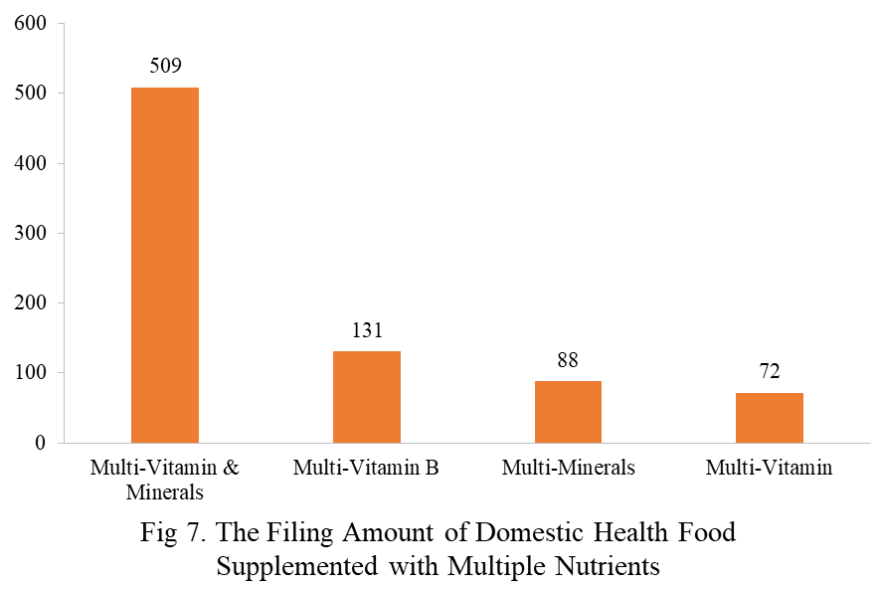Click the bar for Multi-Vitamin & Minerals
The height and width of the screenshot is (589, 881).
pos(165,265)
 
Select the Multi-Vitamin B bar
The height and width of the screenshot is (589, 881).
pos(366,397)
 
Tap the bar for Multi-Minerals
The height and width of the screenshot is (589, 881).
pos(568,412)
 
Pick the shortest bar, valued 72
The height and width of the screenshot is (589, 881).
pos(770,418)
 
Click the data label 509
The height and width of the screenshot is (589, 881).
pos(165,67)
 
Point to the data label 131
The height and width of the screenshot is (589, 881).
pos(366,330)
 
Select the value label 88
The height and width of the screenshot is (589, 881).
pos(568,360)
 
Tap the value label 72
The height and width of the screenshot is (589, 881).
pos(770,372)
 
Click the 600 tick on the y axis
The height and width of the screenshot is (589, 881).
pos(30,24)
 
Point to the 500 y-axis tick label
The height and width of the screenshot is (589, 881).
pos(30,94)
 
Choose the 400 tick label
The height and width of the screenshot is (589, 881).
pos(30,163)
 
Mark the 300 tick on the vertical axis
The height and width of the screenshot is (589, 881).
pos(30,234)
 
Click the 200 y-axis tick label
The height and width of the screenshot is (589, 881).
pos(30,303)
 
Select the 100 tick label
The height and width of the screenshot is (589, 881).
pos(30,373)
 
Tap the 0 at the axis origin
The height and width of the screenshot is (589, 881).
pos(41,443)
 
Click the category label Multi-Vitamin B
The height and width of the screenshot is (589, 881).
pos(366,468)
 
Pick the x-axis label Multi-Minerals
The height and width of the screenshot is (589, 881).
pos(568,468)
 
